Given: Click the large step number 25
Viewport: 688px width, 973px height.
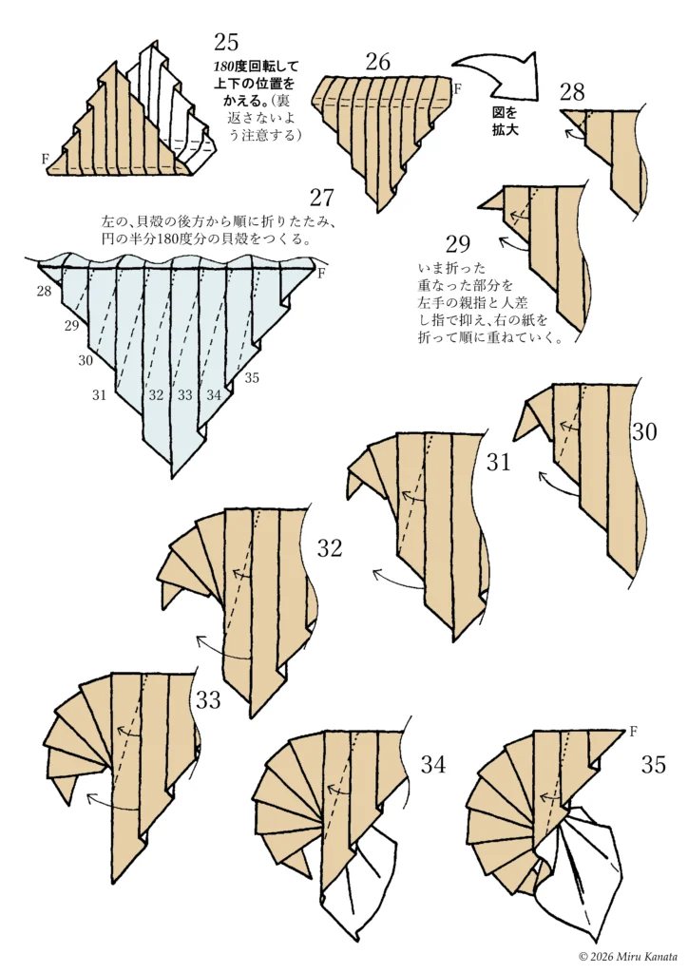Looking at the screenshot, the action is [x=226, y=42].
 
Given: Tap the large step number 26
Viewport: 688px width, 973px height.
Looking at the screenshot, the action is [x=378, y=62].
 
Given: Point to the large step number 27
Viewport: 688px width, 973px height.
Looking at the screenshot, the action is [x=322, y=198].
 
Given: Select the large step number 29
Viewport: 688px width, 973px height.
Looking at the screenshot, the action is [x=458, y=244].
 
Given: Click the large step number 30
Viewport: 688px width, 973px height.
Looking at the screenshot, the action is [x=644, y=431].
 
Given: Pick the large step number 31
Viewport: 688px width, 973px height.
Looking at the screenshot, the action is [x=498, y=463].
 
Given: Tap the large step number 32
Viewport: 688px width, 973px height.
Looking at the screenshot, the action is [x=330, y=548].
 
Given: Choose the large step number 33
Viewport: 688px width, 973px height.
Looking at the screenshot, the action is [x=208, y=700].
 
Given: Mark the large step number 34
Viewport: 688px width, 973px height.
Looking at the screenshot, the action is [x=433, y=765].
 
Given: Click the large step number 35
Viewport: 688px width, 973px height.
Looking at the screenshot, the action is [x=653, y=765].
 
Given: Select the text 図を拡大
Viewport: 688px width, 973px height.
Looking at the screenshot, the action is [x=505, y=122].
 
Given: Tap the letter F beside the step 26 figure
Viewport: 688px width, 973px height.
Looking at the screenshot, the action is [x=457, y=88].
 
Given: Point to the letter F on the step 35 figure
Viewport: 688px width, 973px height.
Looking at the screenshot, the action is [x=633, y=731].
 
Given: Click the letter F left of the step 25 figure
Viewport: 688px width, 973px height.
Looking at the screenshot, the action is [x=46, y=159].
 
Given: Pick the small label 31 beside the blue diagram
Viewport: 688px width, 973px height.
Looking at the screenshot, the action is [x=99, y=394].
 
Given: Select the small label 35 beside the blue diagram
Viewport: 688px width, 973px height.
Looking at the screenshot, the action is [x=251, y=377].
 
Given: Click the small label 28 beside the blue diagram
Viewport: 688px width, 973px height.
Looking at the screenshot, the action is [x=44, y=290].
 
